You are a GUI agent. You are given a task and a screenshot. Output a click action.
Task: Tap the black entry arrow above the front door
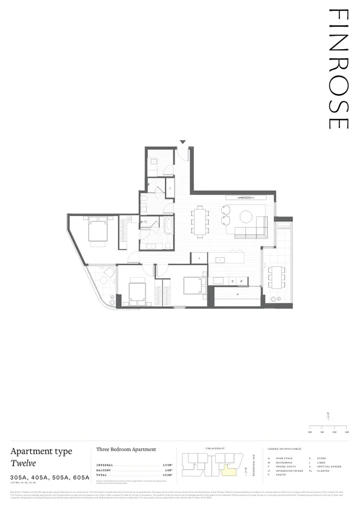point(183,143)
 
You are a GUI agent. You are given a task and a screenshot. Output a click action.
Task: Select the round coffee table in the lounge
point(247,216)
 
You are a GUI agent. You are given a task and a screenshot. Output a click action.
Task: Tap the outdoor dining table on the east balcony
point(278,277)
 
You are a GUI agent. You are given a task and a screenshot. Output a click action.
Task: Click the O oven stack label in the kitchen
point(233,281)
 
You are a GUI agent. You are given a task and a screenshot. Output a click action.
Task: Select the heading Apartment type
point(41,451)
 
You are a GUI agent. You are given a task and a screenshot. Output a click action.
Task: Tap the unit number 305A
point(19,478)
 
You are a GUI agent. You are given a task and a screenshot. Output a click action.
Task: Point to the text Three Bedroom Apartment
point(126,449)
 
